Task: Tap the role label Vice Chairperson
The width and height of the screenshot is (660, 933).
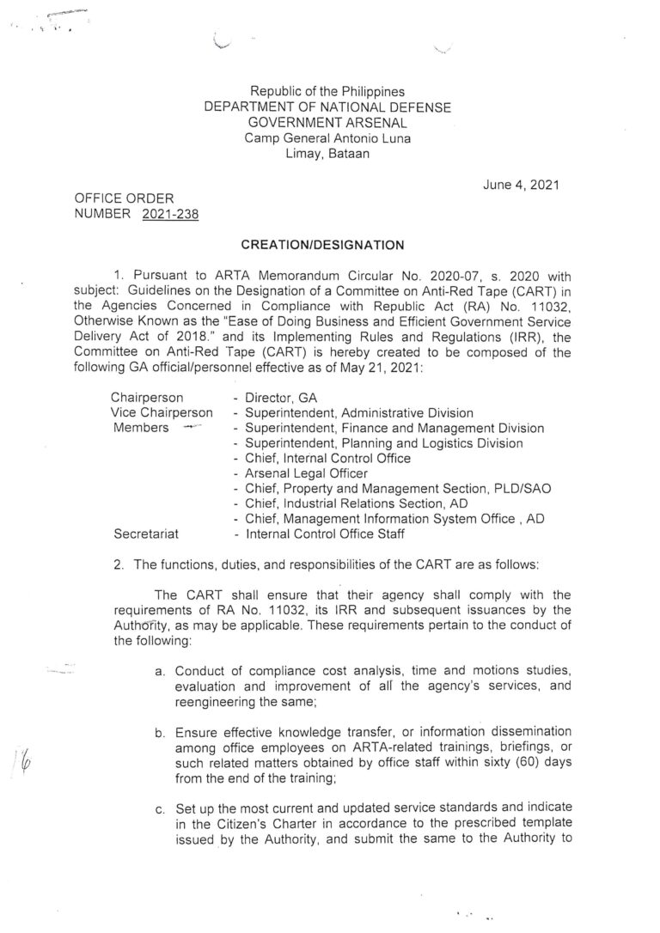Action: (162, 413)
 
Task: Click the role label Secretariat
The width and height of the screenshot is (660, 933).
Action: (145, 534)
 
